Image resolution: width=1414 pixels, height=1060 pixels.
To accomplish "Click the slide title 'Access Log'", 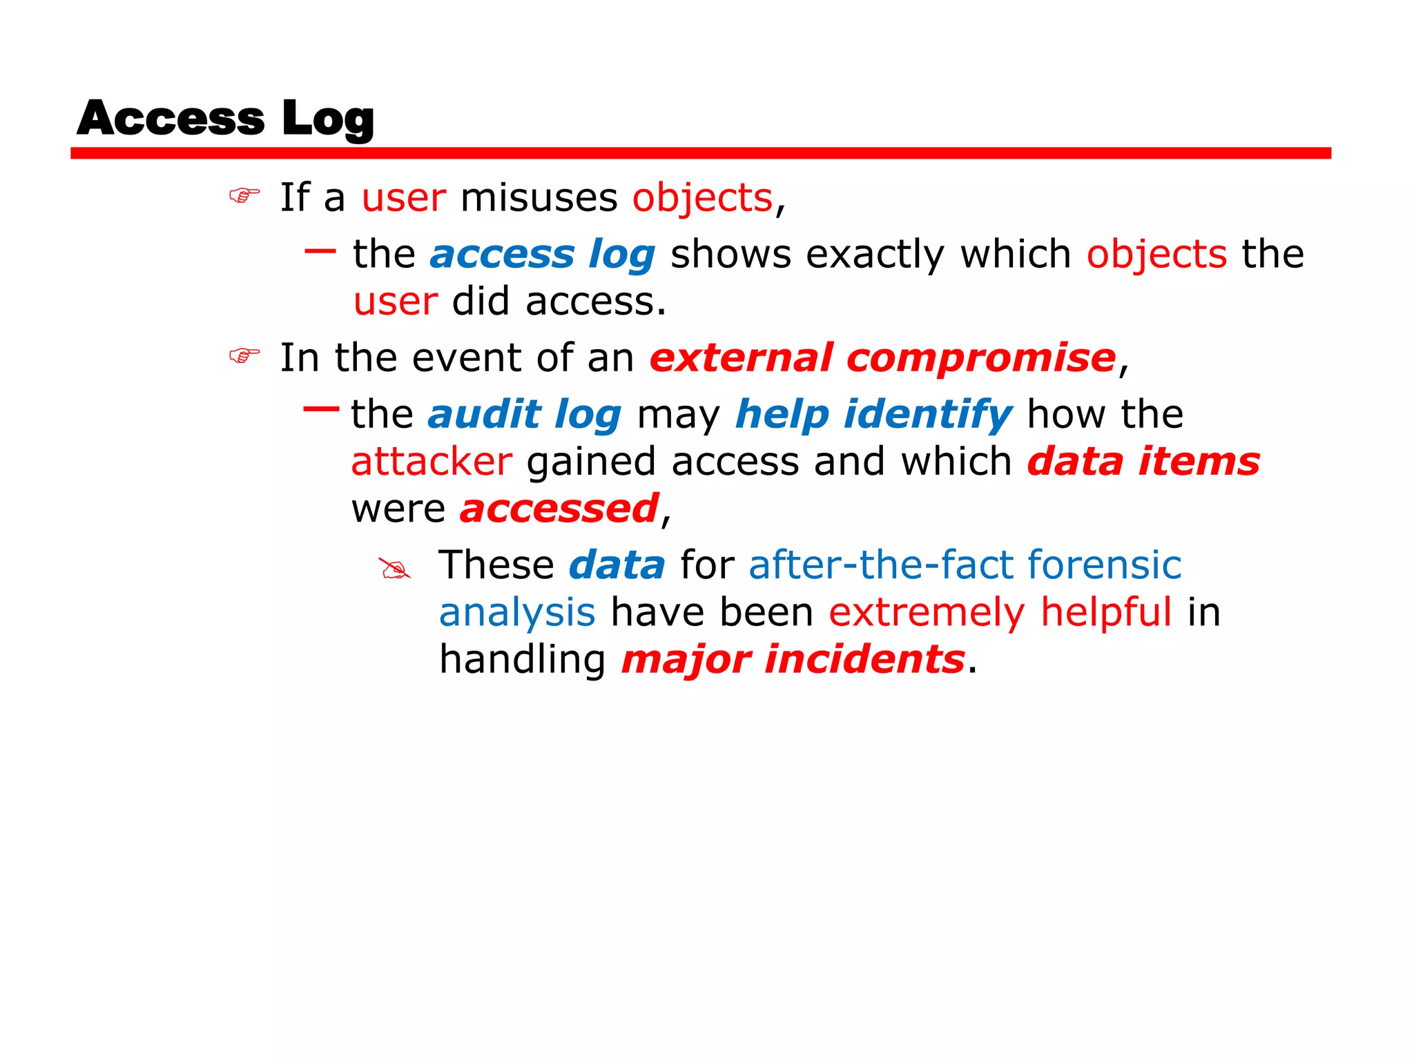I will (x=225, y=118).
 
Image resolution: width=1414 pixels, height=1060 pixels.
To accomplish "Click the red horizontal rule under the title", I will (x=700, y=153).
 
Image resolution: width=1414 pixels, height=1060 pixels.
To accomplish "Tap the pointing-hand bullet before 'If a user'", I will (x=244, y=197).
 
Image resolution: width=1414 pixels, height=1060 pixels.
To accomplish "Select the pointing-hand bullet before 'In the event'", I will (x=244, y=356).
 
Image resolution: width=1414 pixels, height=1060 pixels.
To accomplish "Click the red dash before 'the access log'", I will (x=320, y=251).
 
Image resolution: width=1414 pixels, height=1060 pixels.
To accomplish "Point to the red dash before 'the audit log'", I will (x=321, y=409).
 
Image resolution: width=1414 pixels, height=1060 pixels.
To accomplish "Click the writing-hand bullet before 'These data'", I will (x=395, y=569).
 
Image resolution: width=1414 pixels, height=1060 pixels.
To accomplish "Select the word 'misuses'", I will (x=539, y=198).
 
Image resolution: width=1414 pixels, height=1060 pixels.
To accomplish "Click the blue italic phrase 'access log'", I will (x=542, y=255).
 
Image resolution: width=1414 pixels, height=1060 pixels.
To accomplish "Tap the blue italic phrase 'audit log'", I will (x=524, y=414).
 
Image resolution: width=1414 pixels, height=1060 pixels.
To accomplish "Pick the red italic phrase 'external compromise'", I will (x=882, y=357).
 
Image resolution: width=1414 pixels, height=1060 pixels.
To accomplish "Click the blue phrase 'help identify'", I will (x=873, y=414).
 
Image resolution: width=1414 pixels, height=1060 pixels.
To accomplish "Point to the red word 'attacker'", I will (x=432, y=461).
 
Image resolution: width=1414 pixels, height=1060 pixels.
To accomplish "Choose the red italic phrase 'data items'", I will (x=1143, y=461).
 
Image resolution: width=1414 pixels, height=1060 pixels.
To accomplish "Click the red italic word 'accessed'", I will (x=559, y=509).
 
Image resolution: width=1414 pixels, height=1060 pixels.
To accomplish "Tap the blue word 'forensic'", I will (x=1104, y=565).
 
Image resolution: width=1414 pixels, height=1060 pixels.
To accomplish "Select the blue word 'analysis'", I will (x=517, y=612).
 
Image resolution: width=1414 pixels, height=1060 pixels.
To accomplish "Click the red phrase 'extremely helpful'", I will (x=1000, y=612).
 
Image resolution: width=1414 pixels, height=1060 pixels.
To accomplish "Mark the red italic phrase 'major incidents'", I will (x=793, y=659).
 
